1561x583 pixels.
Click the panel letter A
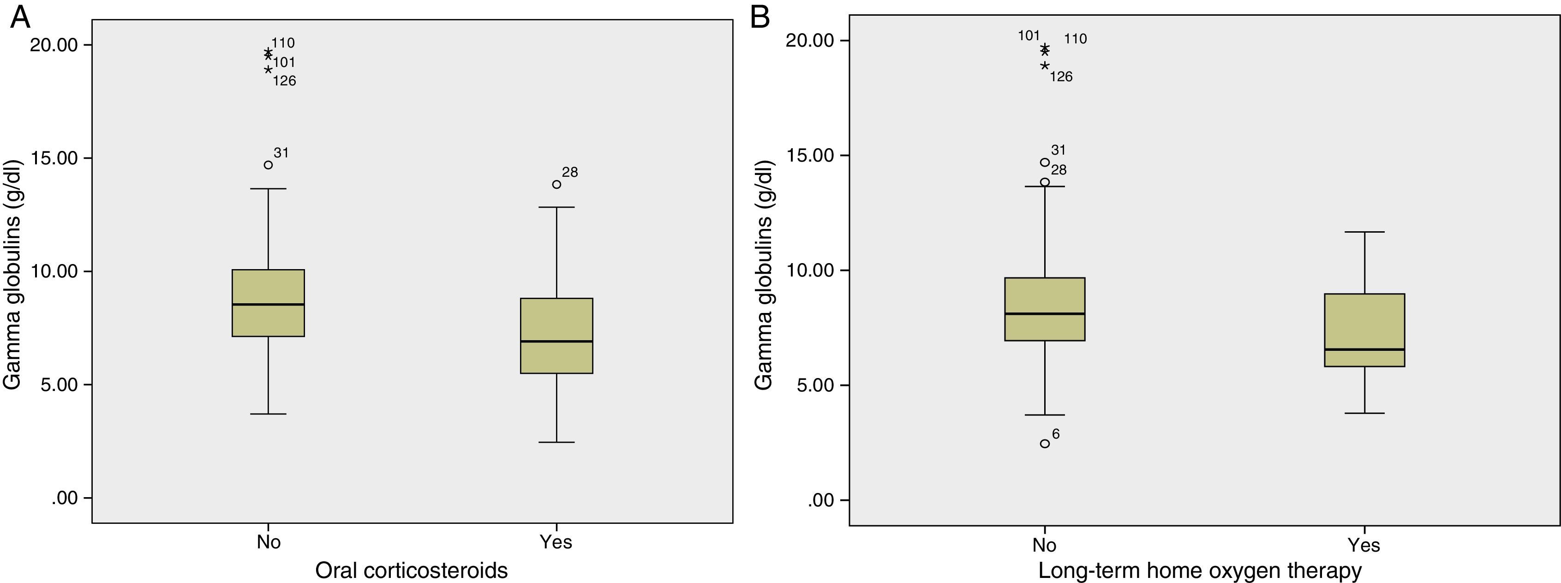pos(20,18)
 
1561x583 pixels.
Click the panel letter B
pos(760,18)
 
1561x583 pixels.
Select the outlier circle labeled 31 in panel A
pos(269,165)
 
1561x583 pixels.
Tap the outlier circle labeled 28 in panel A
pos(556,184)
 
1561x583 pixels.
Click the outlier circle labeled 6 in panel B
pos(1045,444)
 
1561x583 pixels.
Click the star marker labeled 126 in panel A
pos(269,70)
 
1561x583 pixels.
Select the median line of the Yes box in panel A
pos(556,341)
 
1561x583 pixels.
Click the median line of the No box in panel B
pos(1045,313)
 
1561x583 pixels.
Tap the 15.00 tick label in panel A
pos(54,158)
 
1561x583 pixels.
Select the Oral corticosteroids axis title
pos(412,570)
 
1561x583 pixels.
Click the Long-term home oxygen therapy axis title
pos(1200,570)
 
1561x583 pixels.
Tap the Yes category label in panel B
pos(1364,546)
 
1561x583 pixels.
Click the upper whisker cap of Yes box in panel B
pos(1364,232)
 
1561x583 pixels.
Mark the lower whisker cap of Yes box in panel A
pos(556,442)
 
